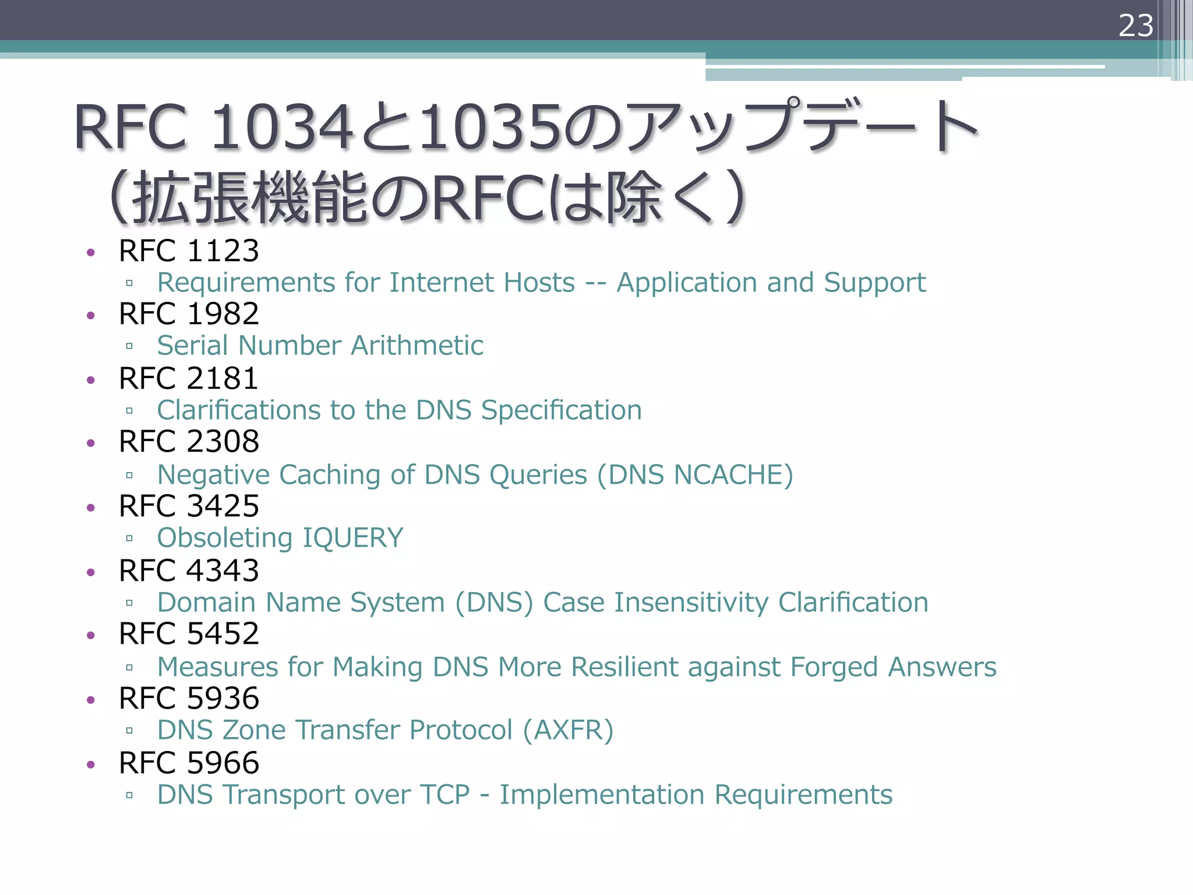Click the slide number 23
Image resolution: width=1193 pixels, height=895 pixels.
tap(1135, 26)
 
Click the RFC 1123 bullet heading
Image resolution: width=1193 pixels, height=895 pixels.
tap(189, 251)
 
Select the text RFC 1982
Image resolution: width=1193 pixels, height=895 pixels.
tap(189, 314)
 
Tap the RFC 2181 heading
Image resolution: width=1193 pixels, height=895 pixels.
tap(189, 379)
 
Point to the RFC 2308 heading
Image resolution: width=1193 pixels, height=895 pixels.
tap(189, 442)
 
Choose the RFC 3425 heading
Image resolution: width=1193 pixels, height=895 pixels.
tap(189, 506)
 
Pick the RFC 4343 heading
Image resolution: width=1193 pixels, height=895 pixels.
tap(189, 570)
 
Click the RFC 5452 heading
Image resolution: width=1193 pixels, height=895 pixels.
tap(189, 634)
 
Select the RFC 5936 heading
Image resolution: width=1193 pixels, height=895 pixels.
tap(189, 699)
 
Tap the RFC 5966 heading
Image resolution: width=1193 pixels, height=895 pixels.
tap(189, 763)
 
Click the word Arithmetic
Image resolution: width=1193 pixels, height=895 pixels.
tap(417, 346)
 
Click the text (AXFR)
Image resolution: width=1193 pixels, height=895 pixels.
tap(568, 730)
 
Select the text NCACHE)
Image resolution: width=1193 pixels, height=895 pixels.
tap(733, 475)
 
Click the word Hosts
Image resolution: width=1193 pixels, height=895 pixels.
tap(539, 283)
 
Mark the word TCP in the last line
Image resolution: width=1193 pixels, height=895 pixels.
tap(445, 795)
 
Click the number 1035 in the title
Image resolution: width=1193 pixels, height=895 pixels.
tap(490, 127)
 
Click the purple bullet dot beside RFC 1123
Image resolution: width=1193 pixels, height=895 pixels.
tap(90, 252)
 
